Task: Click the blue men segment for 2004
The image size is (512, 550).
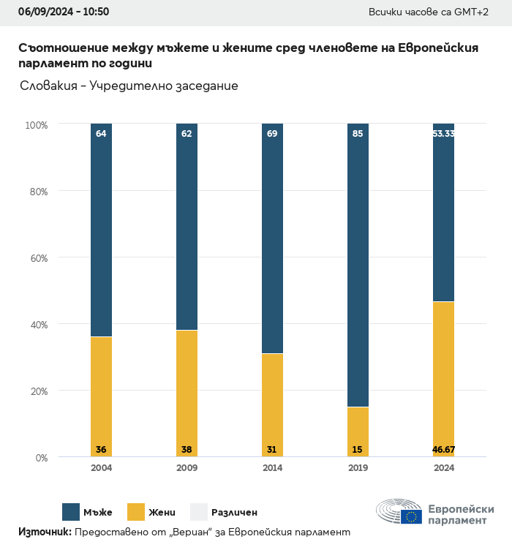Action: pyautogui.click(x=101, y=230)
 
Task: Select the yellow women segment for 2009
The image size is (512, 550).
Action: pyautogui.click(x=187, y=393)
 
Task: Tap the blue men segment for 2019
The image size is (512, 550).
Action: pyautogui.click(x=358, y=265)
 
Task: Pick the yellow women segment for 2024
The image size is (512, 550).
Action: pyautogui.click(x=443, y=379)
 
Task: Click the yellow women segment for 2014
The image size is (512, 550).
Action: pyautogui.click(x=272, y=405)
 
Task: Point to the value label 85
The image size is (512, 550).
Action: pyautogui.click(x=358, y=134)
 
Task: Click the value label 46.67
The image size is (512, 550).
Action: pyautogui.click(x=443, y=449)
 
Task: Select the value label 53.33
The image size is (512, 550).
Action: pyautogui.click(x=443, y=134)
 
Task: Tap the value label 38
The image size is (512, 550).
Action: pyautogui.click(x=187, y=449)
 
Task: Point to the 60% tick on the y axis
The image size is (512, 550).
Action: pyautogui.click(x=37, y=258)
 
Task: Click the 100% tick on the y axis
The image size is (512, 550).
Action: pyautogui.click(x=36, y=125)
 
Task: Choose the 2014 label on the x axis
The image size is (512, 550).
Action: pyautogui.click(x=272, y=468)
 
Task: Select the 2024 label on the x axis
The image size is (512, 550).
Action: pyautogui.click(x=443, y=468)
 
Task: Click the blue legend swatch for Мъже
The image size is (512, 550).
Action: pyautogui.click(x=71, y=512)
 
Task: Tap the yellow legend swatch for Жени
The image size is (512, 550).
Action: pyautogui.click(x=136, y=512)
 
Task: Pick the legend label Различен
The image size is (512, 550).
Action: pyautogui.click(x=234, y=513)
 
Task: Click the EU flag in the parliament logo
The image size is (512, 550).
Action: pyautogui.click(x=411, y=516)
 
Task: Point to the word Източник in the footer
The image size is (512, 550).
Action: pyautogui.click(x=45, y=532)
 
